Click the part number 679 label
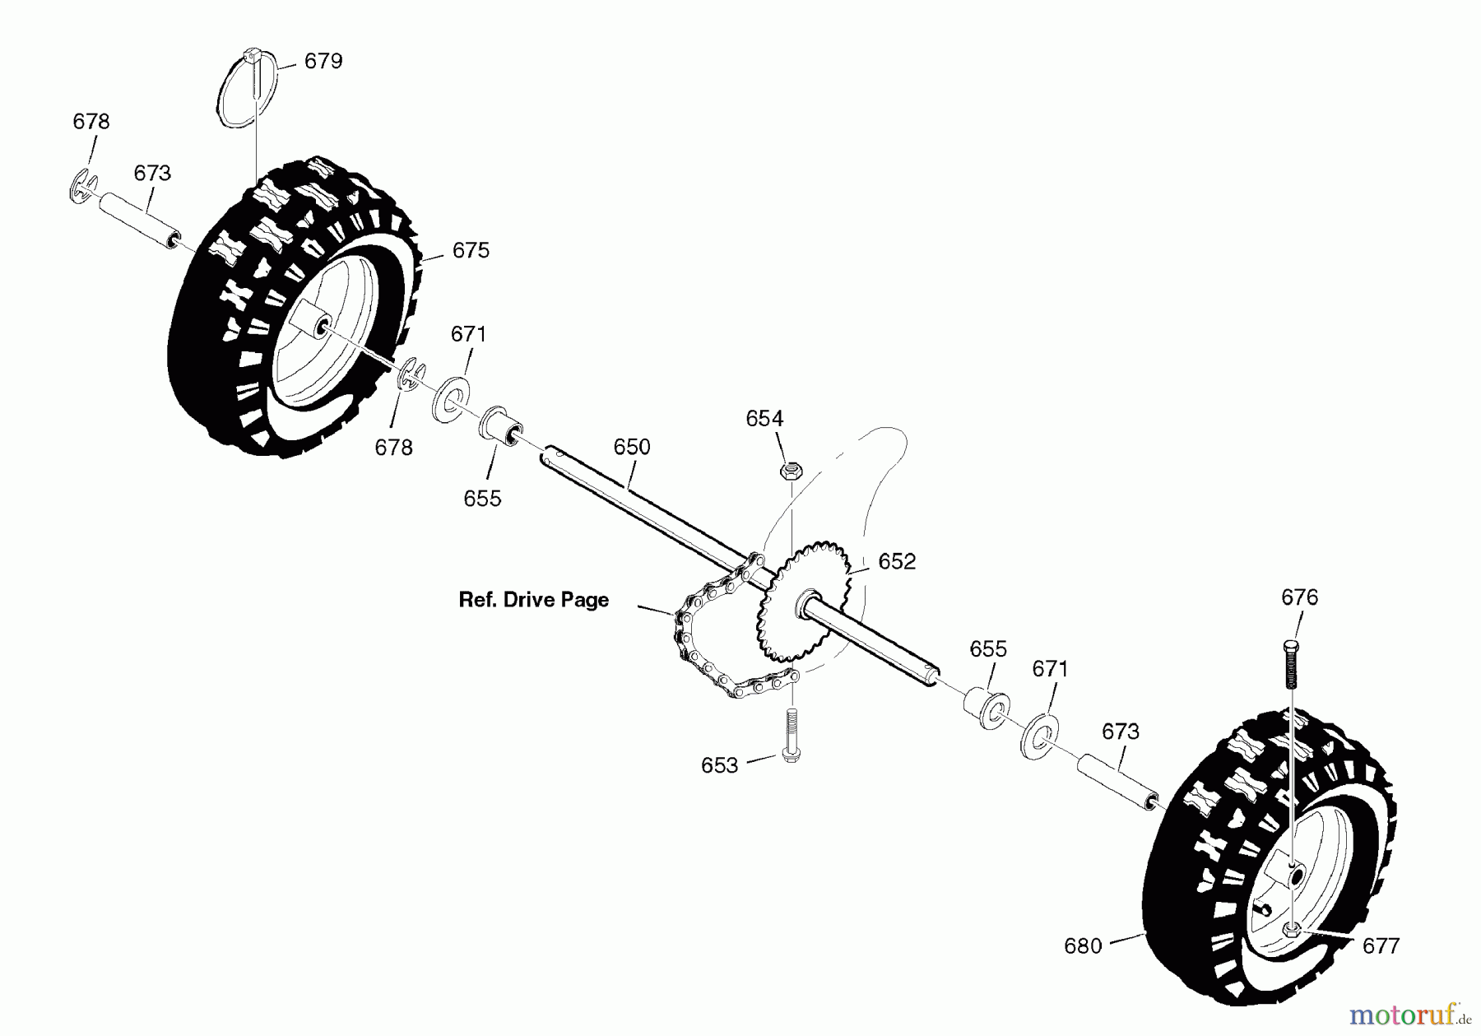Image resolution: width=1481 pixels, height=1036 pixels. pyautogui.click(x=323, y=62)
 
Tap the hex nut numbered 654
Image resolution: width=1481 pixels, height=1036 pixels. pyautogui.click(x=790, y=472)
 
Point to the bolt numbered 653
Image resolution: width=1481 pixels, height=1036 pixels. pyautogui.click(x=791, y=737)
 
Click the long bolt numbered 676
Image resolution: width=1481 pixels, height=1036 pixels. pyautogui.click(x=1290, y=662)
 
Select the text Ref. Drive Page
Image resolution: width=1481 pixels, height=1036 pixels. pyautogui.click(x=533, y=600)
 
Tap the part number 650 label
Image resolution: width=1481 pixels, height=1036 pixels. pyautogui.click(x=632, y=447)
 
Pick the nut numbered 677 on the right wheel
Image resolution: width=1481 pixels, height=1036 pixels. pyautogui.click(x=1290, y=930)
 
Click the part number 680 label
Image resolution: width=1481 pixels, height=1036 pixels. pyautogui.click(x=1083, y=946)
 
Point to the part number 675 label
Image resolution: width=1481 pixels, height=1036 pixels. pyautogui.click(x=471, y=250)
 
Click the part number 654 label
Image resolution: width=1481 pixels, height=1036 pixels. pyautogui.click(x=764, y=419)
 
